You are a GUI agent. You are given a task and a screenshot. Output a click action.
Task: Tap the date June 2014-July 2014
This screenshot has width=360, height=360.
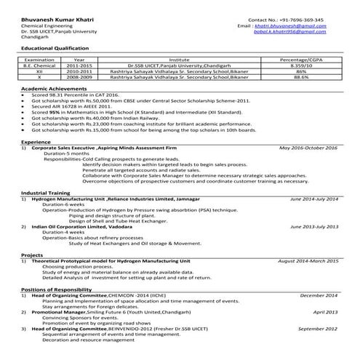tap(314, 199)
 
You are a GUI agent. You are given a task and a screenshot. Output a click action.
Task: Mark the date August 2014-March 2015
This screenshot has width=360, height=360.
tap(308, 260)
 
